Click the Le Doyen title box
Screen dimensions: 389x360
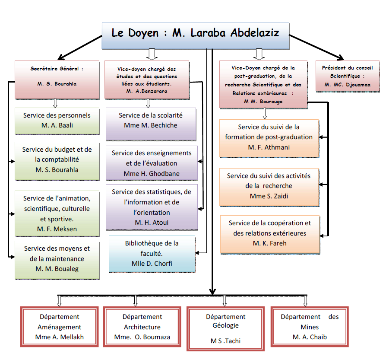(196, 35)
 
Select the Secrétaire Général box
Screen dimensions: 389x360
(57, 80)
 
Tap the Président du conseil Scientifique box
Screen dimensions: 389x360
(347, 76)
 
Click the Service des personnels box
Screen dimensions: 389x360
(57, 121)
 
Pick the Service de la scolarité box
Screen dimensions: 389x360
(151, 124)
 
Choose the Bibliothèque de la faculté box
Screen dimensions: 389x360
(152, 254)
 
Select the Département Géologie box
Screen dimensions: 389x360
(225, 329)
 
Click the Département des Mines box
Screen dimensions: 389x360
(310, 326)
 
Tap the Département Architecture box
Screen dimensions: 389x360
(142, 326)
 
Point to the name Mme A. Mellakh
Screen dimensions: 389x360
(60, 337)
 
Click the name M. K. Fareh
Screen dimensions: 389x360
(270, 243)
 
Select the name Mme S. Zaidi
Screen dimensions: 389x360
(269, 196)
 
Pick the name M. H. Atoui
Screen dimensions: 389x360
(152, 223)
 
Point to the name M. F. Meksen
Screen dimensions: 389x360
(57, 229)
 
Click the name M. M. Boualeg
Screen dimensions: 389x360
(57, 269)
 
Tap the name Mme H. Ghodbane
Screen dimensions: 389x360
(152, 174)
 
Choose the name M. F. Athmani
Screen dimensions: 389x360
(269, 147)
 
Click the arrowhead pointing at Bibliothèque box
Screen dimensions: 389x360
(197, 253)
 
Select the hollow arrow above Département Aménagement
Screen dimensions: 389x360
(59, 301)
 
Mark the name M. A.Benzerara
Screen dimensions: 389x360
(147, 91)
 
